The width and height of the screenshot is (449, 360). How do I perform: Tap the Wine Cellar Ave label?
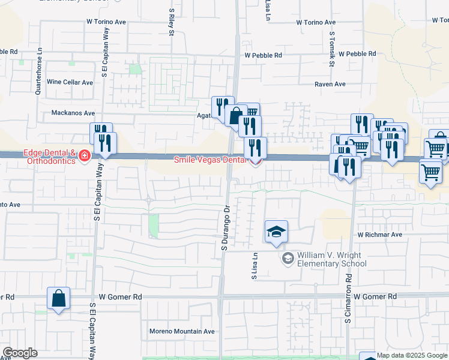coord(70,82)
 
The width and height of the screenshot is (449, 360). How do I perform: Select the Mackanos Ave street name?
coord(73,113)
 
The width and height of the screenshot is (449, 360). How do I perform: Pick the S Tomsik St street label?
coord(331,46)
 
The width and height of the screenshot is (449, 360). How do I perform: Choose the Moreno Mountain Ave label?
coord(181,331)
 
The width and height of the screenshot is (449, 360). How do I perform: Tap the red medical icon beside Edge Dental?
coord(84,157)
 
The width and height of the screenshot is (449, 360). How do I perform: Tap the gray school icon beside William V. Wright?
coord(288,258)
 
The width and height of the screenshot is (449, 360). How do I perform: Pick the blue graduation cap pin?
coord(276,232)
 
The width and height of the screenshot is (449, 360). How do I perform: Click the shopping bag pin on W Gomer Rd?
coord(58,298)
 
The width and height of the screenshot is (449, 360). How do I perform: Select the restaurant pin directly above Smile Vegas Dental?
coord(255,147)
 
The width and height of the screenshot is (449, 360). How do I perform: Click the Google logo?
coord(20,353)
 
